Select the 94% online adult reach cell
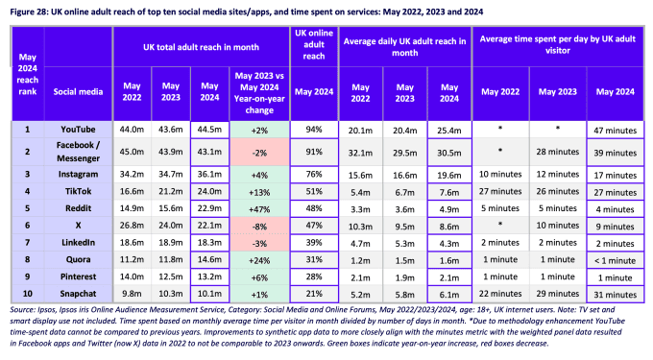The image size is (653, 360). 314,128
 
